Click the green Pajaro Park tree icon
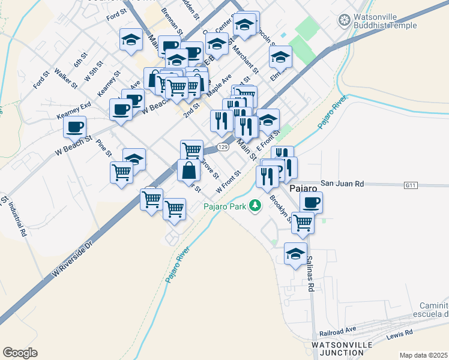[256, 206]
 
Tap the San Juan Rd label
[342, 184]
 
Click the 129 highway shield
[223, 147]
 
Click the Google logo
[20, 353]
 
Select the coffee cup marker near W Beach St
[75, 127]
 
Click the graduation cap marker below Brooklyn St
[295, 254]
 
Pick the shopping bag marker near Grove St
[188, 170]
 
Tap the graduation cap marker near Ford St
[131, 40]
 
